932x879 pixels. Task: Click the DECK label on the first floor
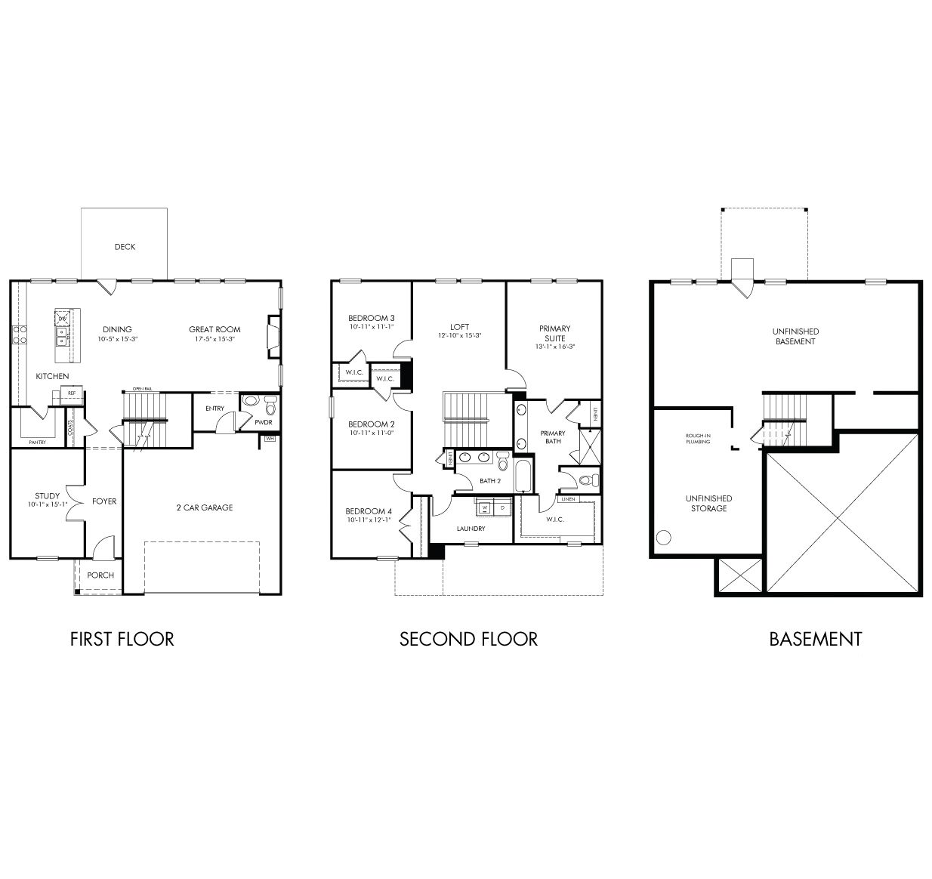[x=125, y=247]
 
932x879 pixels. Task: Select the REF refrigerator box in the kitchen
[x=72, y=393]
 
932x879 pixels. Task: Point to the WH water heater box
[x=270, y=438]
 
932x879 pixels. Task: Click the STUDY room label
[x=47, y=496]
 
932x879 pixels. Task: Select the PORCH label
[x=100, y=575]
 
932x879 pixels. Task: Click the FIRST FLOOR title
[x=122, y=639]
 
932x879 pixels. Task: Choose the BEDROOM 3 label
[x=371, y=318]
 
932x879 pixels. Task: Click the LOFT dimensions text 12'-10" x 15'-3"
[x=459, y=336]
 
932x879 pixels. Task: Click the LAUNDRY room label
[x=471, y=529]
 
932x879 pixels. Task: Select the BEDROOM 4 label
[x=369, y=511]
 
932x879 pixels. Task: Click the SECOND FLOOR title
[x=468, y=639]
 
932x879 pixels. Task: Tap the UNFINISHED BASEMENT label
[x=795, y=336]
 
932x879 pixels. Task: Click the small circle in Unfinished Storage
[x=663, y=538]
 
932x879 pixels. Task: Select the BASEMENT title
[x=815, y=639]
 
